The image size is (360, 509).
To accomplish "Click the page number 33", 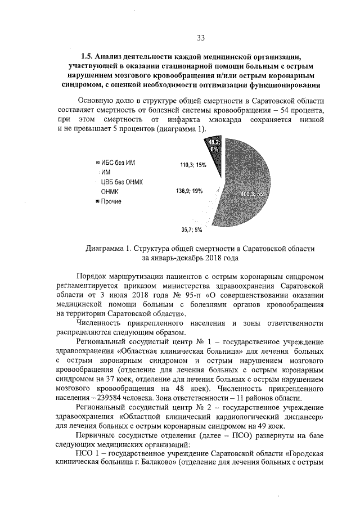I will click(201, 38).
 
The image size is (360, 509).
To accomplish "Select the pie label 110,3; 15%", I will click(193, 165).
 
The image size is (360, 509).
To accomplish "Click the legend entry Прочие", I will click(111, 201).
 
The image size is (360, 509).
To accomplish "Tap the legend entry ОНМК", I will click(109, 191).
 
